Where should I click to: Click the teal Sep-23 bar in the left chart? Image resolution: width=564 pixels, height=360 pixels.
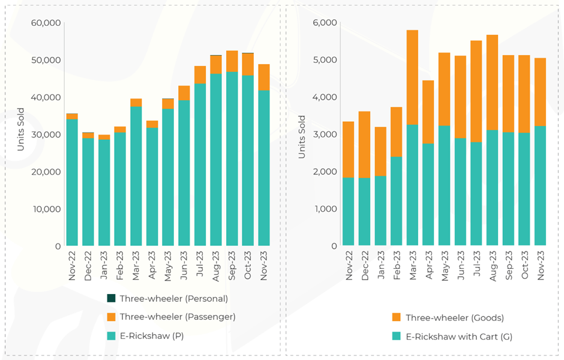point(232,159)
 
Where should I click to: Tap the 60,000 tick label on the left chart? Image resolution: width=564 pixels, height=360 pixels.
point(45,23)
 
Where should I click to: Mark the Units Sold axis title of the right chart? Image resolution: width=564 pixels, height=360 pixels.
point(302,137)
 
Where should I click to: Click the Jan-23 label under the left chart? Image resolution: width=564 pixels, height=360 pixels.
point(104,265)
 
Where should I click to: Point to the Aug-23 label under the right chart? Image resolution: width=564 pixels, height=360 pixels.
point(492,265)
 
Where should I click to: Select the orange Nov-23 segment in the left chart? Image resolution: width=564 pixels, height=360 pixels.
point(263,77)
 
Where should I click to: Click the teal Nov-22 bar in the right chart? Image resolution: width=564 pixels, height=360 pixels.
point(348,212)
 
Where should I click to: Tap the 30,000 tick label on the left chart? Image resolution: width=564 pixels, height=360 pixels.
point(45,134)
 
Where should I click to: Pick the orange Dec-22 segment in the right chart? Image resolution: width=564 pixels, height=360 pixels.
point(364,145)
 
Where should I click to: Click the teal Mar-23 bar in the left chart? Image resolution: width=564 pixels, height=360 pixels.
point(136,176)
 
